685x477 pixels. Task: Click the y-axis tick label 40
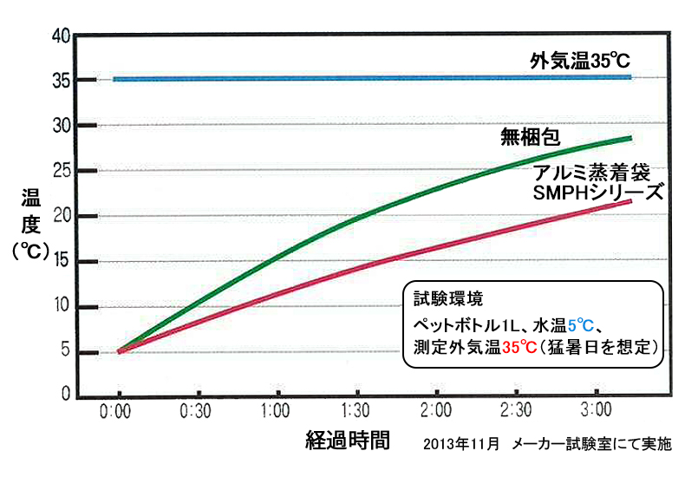point(60,36)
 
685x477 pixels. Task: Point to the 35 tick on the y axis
point(60,80)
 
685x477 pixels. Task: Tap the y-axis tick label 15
point(60,261)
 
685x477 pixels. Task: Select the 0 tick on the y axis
point(64,395)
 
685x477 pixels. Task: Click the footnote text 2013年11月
point(461,443)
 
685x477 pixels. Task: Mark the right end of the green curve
point(630,138)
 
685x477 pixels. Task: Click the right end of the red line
point(630,201)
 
